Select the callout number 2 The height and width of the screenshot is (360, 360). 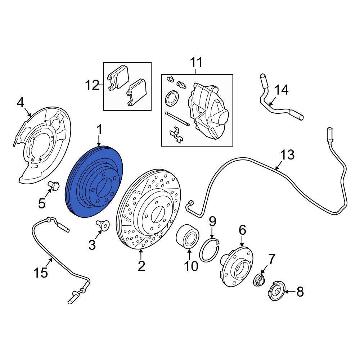[141, 266]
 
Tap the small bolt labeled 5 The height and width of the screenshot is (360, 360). [53, 186]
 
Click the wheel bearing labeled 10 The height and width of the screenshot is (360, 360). [188, 237]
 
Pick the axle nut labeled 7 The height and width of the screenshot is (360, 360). [259, 280]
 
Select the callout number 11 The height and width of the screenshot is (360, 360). [197, 62]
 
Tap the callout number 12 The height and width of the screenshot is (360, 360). [92, 85]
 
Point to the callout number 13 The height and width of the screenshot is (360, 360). [287, 155]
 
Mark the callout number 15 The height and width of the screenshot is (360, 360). [41, 273]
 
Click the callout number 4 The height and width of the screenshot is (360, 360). [21, 103]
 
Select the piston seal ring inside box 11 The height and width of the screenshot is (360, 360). [172, 98]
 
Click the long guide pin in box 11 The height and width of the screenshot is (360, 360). [177, 119]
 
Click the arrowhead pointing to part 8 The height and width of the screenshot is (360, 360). [287, 292]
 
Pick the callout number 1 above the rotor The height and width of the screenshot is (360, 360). [99, 130]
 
